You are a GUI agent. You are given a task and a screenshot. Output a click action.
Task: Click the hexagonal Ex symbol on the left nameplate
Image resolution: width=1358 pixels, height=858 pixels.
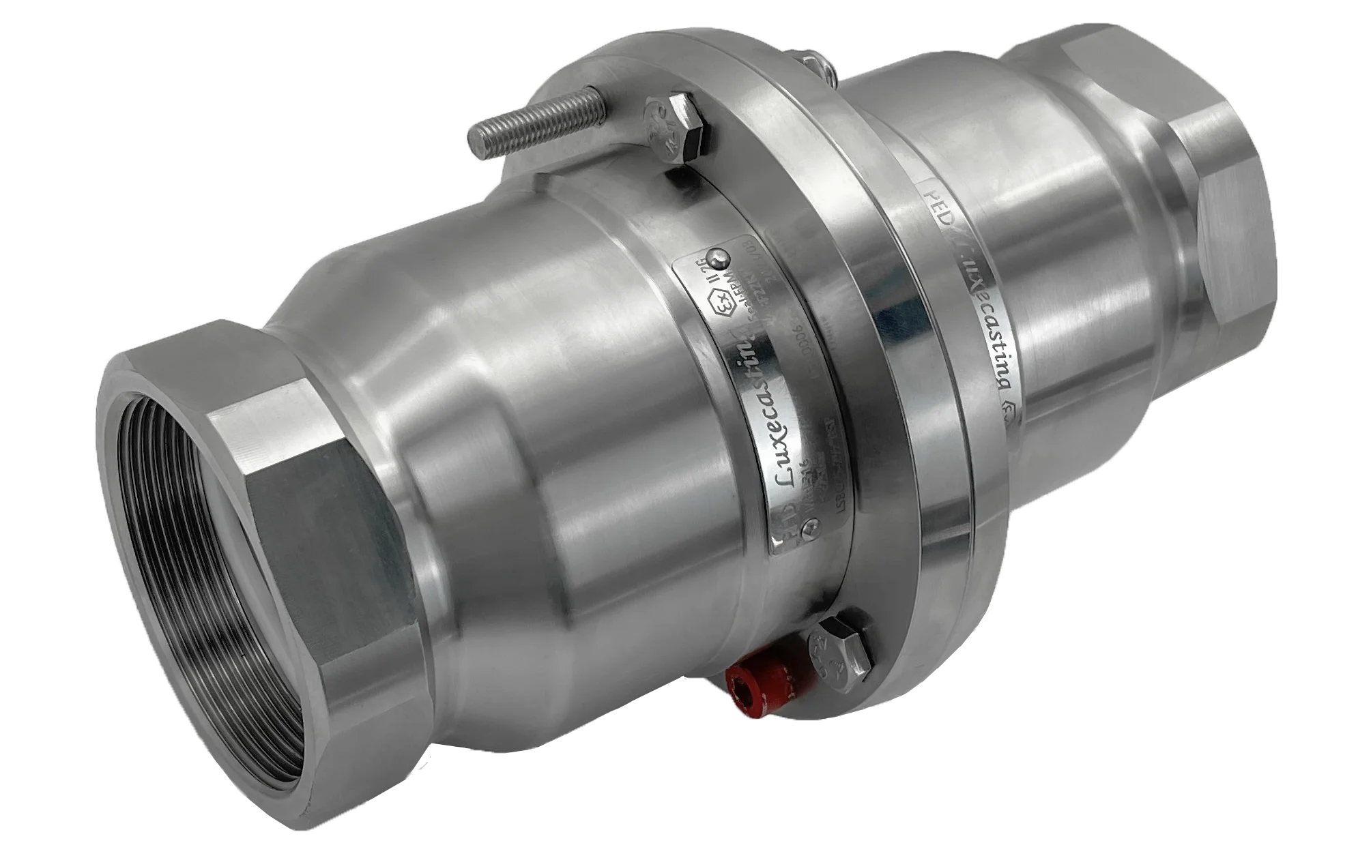723,305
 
